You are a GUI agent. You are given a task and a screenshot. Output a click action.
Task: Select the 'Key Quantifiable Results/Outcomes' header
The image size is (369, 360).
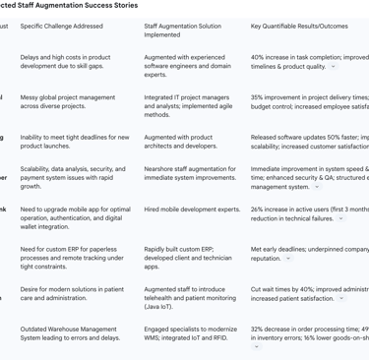click(299, 25)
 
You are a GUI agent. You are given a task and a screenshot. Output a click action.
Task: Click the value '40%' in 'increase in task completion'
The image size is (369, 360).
click(260, 57)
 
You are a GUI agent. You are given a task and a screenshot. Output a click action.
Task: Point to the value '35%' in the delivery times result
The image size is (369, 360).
click(260, 97)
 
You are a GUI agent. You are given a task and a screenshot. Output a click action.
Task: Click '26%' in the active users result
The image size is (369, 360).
click(260, 209)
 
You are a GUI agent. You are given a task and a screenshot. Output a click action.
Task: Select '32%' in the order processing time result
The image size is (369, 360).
click(260, 330)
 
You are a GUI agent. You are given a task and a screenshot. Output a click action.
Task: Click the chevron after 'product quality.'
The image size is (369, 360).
click(334, 67)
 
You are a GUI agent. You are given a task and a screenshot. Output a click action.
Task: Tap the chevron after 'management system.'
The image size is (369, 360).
click(317, 187)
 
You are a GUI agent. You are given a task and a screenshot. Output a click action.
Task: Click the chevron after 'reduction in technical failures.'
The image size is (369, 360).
click(340, 218)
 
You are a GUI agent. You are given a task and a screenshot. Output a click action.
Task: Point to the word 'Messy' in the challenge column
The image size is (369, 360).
click(31, 97)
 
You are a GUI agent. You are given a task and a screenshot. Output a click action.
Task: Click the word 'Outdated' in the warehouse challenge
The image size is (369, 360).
click(36, 330)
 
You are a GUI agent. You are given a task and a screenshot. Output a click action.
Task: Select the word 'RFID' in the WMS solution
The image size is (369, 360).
click(220, 338)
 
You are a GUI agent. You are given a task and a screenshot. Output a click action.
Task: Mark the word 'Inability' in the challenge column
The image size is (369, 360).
click(35, 138)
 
